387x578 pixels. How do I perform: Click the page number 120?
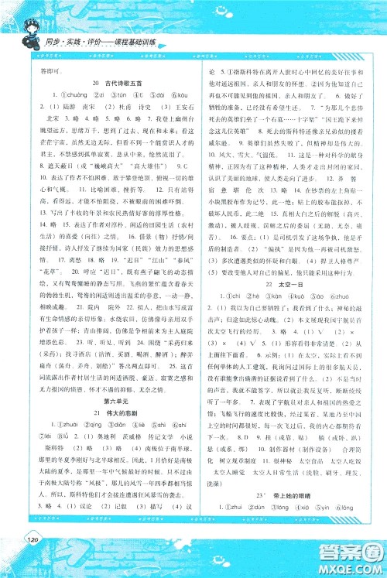point(31,560)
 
